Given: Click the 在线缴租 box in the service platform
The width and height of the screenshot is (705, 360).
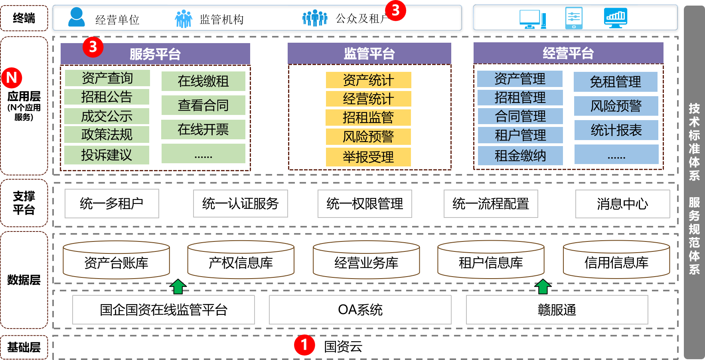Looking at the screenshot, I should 203,81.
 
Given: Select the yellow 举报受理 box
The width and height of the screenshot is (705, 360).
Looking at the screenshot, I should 368,157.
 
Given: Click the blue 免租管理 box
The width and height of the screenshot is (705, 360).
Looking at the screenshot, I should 615,82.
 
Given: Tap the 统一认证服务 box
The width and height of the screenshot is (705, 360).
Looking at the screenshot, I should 240,204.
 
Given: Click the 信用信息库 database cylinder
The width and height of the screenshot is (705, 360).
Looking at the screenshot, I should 616,261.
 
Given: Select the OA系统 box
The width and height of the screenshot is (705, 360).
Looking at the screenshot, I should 360,310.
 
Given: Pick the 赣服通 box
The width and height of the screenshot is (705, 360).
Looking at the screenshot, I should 557,310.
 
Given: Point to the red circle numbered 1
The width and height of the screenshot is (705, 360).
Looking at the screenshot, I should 304,345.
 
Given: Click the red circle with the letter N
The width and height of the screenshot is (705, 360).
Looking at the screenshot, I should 12,78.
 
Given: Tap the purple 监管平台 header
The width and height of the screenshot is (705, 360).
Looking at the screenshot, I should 369,53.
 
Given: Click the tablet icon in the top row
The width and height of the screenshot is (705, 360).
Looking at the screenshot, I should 574,18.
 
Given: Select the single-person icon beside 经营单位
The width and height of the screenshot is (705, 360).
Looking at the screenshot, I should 76,18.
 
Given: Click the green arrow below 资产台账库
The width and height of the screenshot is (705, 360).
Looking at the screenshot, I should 178,286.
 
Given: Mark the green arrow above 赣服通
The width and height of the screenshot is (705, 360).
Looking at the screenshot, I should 543,286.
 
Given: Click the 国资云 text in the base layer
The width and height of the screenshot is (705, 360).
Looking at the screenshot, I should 343,346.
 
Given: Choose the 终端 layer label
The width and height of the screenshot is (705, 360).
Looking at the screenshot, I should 24,18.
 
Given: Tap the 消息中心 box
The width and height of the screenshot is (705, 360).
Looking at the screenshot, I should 622,204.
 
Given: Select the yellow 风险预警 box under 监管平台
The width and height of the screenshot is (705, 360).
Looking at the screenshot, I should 368,137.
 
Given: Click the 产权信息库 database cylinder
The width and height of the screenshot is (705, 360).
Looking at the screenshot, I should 241,261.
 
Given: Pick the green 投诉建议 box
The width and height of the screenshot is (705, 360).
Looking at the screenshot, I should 107,155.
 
